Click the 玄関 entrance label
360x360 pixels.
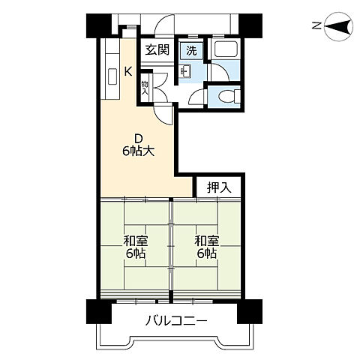157,51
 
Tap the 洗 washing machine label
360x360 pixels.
191,51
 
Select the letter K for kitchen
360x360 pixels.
127,72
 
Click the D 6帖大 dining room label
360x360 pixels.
139,145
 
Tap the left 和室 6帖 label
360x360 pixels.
136,247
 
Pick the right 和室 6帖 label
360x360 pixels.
206,247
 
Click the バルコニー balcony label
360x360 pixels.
177,322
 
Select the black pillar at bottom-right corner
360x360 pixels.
250,310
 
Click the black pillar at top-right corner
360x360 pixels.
250,25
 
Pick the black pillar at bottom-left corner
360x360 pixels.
96,310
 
